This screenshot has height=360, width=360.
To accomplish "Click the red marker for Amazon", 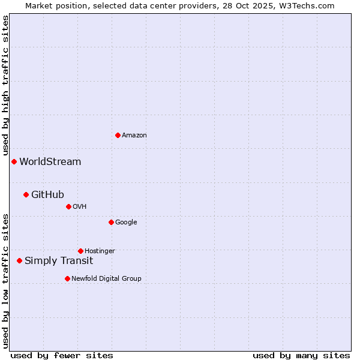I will click(118, 135).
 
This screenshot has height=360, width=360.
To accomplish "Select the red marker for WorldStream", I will click(14, 161).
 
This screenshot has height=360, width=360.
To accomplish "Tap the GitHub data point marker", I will click(26, 194).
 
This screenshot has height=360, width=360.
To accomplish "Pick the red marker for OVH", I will click(68, 206).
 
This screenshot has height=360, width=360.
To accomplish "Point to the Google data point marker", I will click(111, 222).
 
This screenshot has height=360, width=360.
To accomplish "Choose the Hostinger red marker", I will click(80, 251).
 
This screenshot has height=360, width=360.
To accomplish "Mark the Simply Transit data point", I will click(19, 260).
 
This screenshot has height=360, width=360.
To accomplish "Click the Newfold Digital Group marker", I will click(67, 278).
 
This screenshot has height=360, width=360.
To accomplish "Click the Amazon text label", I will click(134, 136).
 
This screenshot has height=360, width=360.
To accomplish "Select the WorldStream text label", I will click(50, 162).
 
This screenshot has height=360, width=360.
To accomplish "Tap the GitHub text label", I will click(47, 194).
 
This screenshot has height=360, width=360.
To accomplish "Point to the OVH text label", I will click(80, 207).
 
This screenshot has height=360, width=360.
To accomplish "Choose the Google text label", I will click(126, 223).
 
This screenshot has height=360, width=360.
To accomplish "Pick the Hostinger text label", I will click(100, 251).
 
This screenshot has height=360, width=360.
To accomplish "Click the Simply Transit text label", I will click(59, 261).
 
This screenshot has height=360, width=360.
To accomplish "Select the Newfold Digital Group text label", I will click(106, 279).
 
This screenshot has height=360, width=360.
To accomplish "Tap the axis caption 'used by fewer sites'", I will click(62, 355).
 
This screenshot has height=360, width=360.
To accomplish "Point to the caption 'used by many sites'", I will click(301, 355).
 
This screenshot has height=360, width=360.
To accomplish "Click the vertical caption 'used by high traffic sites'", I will click(5, 86).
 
